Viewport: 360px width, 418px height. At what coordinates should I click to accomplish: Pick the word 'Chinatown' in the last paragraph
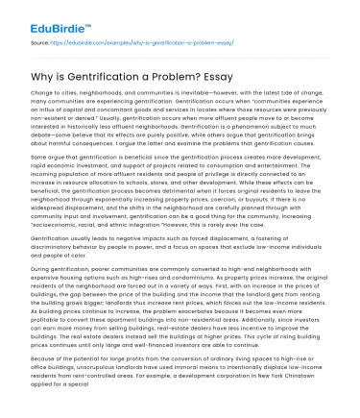297,403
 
